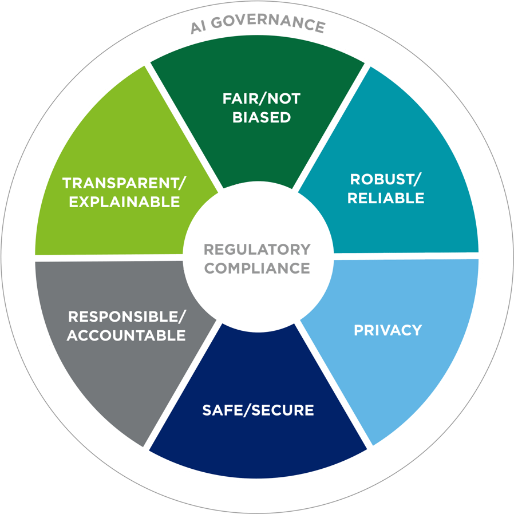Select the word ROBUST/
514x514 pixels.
click(x=385, y=179)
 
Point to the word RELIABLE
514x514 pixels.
click(x=385, y=198)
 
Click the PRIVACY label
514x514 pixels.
click(x=388, y=330)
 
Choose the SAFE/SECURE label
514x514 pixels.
click(x=258, y=410)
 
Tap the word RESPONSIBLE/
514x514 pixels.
click(x=126, y=316)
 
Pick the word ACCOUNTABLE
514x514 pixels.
click(x=126, y=335)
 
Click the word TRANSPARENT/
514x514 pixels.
click(x=124, y=183)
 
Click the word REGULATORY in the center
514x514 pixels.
click(x=257, y=250)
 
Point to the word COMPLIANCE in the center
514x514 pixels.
click(x=257, y=268)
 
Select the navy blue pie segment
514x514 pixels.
click(x=258, y=441)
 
